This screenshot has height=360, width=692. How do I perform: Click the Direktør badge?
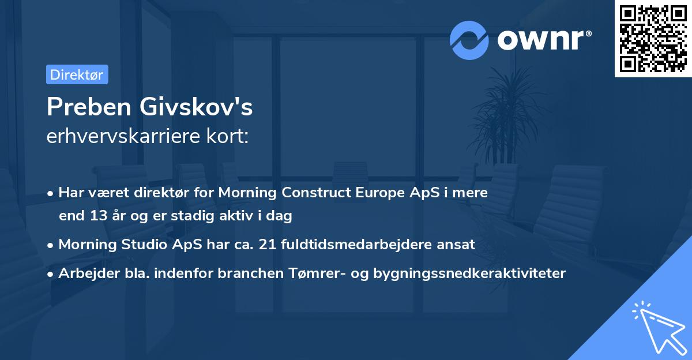(77, 74)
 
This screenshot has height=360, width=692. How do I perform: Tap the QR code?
(653, 38)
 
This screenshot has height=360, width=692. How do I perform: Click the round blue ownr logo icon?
(469, 40)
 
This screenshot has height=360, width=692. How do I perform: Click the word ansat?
(457, 244)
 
